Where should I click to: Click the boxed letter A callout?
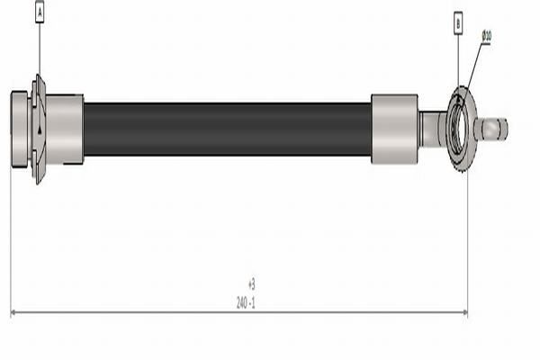pos(40,12)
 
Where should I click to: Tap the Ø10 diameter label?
pos(486,36)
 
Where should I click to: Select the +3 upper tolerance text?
pos(251,284)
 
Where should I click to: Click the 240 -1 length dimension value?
pos(246,302)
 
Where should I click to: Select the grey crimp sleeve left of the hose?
pos(65,130)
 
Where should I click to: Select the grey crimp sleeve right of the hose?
pos(394,129)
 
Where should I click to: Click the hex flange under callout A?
pos(38,130)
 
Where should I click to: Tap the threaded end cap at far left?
pos(20,129)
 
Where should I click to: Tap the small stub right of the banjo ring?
pos(492,129)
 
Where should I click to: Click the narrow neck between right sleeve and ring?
pos(429,129)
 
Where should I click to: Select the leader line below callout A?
pos(40,49)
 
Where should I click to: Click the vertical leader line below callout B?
pos(457,58)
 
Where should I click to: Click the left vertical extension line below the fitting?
pos(11,243)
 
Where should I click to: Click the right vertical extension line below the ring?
pos(467,243)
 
